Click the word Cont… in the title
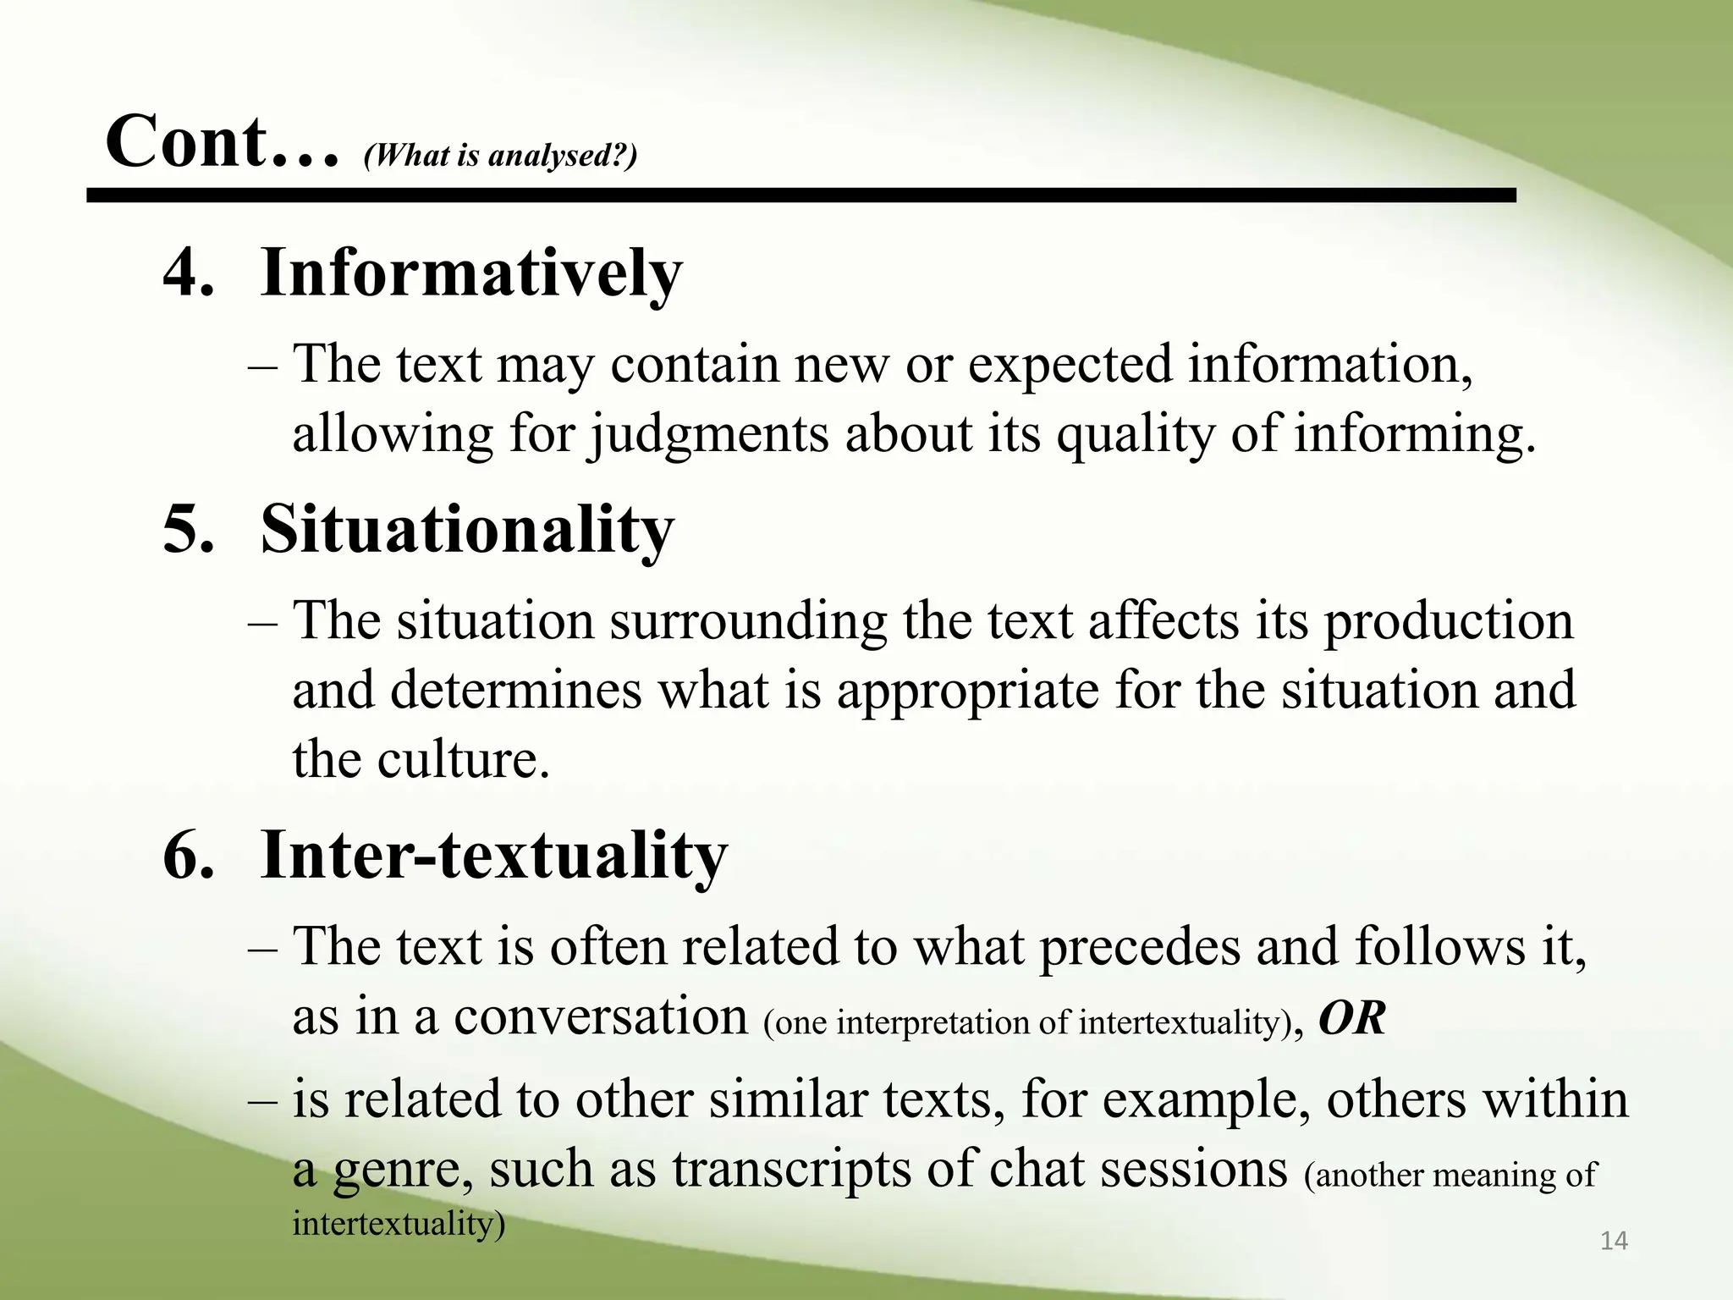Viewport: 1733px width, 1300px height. click(222, 142)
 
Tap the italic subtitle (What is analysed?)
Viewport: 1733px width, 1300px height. click(500, 156)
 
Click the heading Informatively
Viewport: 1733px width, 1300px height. click(470, 273)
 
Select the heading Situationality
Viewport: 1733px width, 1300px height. click(467, 530)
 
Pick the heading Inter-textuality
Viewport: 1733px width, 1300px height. click(493, 855)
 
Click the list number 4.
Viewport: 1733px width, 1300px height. click(188, 273)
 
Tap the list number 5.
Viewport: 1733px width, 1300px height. click(188, 530)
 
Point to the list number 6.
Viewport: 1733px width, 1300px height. click(188, 855)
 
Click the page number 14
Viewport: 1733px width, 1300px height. click(1614, 1241)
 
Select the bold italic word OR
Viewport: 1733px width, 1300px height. click(1351, 1018)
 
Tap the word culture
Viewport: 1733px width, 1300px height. click(463, 759)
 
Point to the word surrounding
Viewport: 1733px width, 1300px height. click(748, 622)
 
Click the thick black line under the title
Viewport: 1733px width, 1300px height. click(800, 196)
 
